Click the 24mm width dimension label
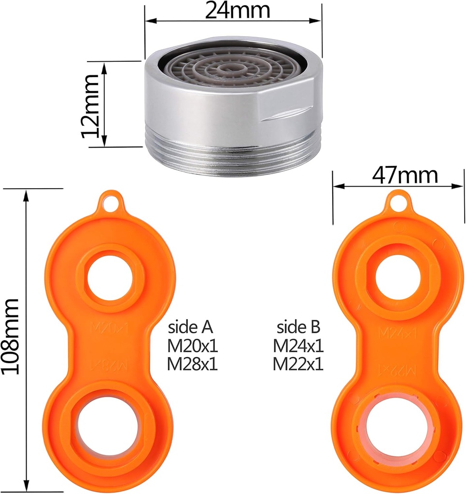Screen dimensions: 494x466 238,10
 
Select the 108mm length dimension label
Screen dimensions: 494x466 11,336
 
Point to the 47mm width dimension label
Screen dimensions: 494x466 405,176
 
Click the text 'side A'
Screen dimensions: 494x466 191,328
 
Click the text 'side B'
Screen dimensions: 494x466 298,328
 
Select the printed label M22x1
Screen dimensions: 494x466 298,364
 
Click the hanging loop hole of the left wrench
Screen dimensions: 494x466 111,202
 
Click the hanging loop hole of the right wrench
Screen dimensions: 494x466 398,202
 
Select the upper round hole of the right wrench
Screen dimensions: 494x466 397,277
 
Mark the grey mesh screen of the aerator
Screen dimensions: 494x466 232,72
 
